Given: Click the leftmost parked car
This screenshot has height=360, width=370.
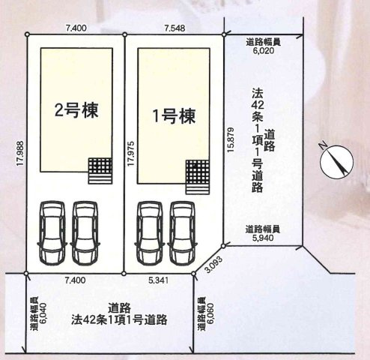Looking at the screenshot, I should [x=50, y=233].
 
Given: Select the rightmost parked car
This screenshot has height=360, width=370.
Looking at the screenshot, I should [x=181, y=232].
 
